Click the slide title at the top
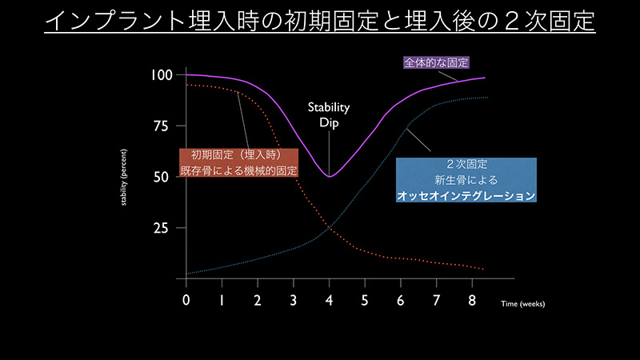pyautogui.click(x=319, y=21)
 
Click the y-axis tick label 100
pyautogui.click(x=162, y=75)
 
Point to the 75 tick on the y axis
pyautogui.click(x=161, y=126)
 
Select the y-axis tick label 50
pyautogui.click(x=161, y=177)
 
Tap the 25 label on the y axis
pyautogui.click(x=161, y=228)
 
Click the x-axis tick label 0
pyautogui.click(x=186, y=301)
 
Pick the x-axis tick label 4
pyautogui.click(x=329, y=301)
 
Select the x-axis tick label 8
pyautogui.click(x=472, y=301)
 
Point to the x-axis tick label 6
pyautogui.click(x=401, y=301)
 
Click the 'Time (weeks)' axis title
pyautogui.click(x=523, y=304)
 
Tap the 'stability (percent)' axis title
pyautogui.click(x=124, y=177)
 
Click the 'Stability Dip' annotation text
pyautogui.click(x=329, y=114)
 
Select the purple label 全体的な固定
pyautogui.click(x=436, y=62)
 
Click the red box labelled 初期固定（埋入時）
pyautogui.click(x=238, y=163)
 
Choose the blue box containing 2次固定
pyautogui.click(x=466, y=180)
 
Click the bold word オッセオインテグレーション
pyautogui.click(x=466, y=195)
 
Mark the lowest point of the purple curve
pyautogui.click(x=330, y=177)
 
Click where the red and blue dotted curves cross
pyautogui.click(x=329, y=228)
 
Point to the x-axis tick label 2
pyautogui.click(x=258, y=301)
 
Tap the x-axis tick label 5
pyautogui.click(x=365, y=301)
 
